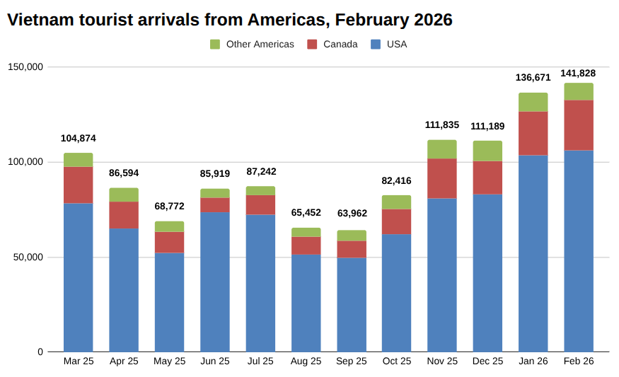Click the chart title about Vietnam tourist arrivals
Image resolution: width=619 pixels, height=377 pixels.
[x=230, y=20]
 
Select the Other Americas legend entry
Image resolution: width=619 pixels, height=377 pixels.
[x=252, y=45]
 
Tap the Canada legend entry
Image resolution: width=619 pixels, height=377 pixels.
[x=332, y=45]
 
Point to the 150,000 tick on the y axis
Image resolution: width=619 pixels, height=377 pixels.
[x=25, y=67]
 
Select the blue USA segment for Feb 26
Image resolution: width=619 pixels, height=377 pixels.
[x=579, y=251]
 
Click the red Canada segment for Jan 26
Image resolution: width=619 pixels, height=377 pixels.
[x=533, y=133]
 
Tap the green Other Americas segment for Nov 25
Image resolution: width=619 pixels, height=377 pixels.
[x=442, y=149]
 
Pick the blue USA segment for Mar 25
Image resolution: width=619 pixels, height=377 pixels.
[x=79, y=277]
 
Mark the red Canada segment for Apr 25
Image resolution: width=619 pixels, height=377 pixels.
[x=124, y=215]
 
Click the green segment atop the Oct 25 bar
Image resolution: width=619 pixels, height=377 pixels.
[x=397, y=202]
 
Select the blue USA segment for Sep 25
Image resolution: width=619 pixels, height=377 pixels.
[x=352, y=305]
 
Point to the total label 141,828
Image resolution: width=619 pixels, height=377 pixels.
[x=578, y=74]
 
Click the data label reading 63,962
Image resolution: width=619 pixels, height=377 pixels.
[x=352, y=214]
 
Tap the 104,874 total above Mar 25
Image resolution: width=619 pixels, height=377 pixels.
[x=79, y=139]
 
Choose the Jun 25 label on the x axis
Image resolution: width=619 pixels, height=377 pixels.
[x=215, y=361]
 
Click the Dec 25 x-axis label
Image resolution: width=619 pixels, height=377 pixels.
[x=487, y=361]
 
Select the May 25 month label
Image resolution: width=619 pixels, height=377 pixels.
[x=170, y=361]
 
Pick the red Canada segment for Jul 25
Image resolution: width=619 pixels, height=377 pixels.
[x=260, y=204]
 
